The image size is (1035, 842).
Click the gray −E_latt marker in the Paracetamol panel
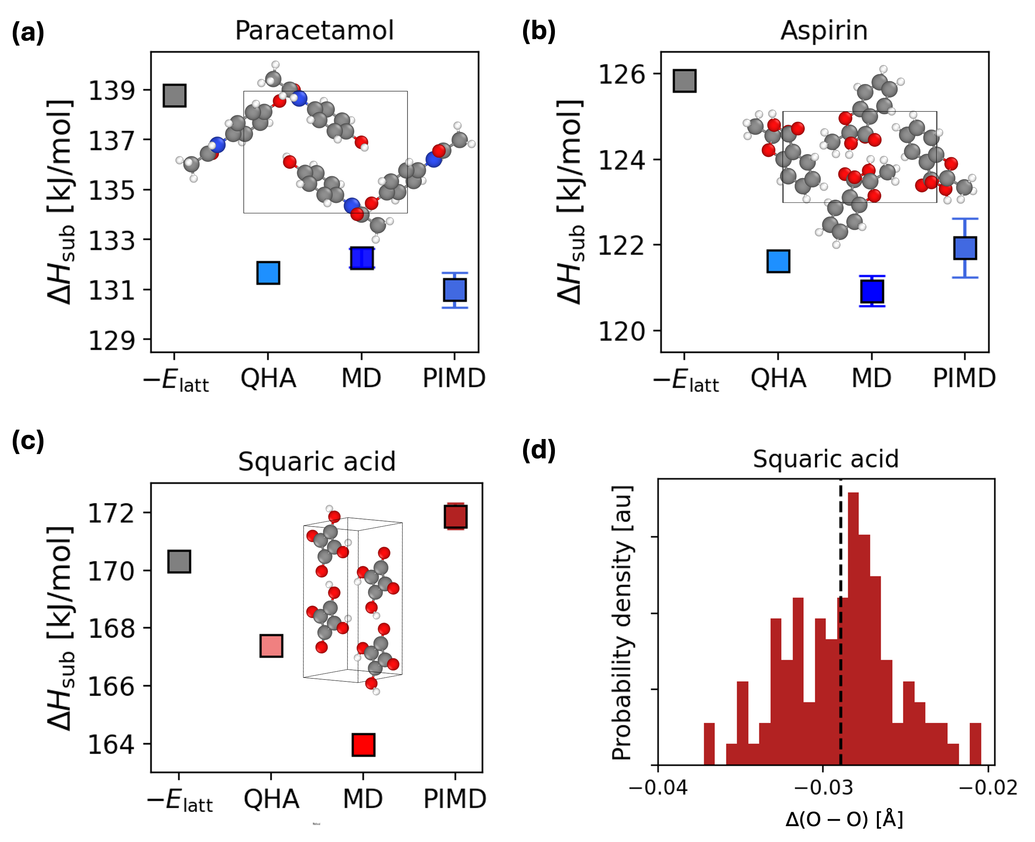174,96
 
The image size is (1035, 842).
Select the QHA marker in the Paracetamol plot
268,273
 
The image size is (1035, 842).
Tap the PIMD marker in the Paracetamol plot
455,290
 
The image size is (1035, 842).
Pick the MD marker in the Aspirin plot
872,292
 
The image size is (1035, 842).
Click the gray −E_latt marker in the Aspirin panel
684,81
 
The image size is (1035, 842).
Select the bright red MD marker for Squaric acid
363,744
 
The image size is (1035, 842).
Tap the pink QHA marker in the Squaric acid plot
271,646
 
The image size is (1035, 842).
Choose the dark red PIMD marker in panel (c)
455,516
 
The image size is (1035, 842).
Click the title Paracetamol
314,31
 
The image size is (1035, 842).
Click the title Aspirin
824,31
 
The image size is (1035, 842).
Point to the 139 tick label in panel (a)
111,90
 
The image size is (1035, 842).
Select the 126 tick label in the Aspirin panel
622,74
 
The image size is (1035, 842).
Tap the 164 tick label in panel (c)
111,744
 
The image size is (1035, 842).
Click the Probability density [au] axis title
622,623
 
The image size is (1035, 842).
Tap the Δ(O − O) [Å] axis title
844,820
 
